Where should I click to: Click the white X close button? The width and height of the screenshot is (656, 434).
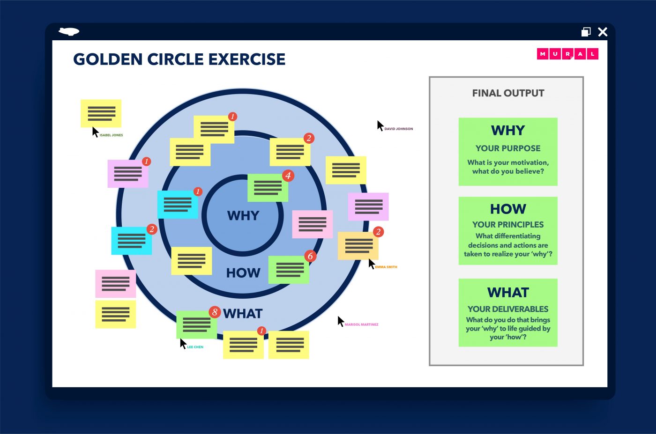coord(603,32)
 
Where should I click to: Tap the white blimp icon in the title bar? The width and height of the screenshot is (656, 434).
coord(69,31)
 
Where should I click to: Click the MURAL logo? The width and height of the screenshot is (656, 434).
coord(567,54)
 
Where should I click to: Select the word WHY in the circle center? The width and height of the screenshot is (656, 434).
coord(243,215)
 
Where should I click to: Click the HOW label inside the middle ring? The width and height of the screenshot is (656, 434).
coord(243,273)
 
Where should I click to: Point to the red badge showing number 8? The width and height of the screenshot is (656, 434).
coord(215,312)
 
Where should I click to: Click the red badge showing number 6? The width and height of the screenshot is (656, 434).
coord(310,256)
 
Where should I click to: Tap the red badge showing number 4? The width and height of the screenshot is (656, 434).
coord(288,176)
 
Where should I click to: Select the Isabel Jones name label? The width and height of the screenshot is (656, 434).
coord(111,135)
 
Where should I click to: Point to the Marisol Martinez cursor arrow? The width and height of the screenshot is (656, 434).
coord(341,321)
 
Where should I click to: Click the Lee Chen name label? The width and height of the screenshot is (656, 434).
coord(195,347)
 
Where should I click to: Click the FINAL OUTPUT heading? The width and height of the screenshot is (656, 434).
coord(508,93)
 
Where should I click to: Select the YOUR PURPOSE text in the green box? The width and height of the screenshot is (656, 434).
coord(508,148)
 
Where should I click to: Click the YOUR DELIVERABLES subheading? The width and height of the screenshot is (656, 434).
coord(508,309)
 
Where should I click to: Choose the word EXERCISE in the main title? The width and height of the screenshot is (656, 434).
coord(246,59)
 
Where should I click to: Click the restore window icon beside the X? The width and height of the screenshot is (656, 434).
coord(586,32)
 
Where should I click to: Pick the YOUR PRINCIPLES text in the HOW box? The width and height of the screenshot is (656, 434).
coord(508,225)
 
